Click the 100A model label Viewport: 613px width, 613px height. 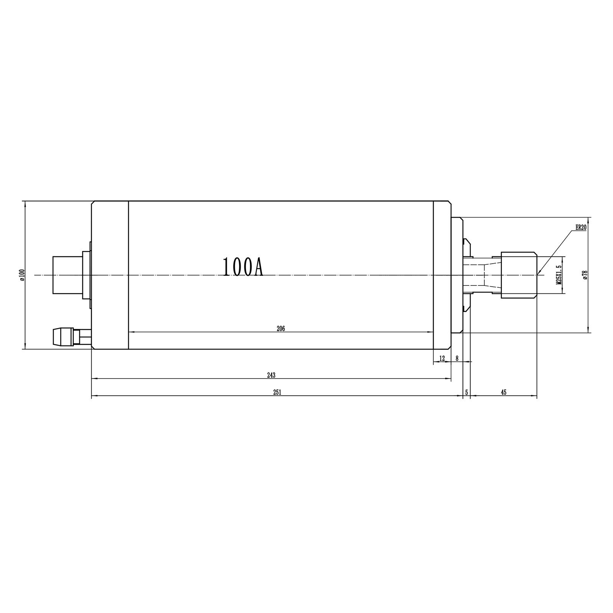click(x=243, y=267)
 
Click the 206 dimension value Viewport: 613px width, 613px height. click(x=281, y=329)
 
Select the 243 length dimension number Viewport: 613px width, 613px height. click(x=271, y=375)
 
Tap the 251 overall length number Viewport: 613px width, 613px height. click(x=277, y=392)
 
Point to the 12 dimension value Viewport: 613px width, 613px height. click(x=442, y=359)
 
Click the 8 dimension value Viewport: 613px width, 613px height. click(x=457, y=359)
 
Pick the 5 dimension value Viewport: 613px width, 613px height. click(x=466, y=392)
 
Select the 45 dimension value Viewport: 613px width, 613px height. click(x=503, y=392)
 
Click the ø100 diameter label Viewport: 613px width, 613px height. click(x=22, y=275)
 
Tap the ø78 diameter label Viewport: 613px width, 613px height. click(x=585, y=275)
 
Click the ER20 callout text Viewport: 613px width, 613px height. click(x=581, y=227)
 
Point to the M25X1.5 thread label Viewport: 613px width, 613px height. click(x=559, y=275)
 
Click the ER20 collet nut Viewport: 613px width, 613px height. click(x=518, y=275)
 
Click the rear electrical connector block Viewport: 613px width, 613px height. click(x=67, y=275)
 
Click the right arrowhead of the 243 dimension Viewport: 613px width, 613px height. click(x=449, y=379)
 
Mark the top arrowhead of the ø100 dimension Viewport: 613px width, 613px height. click(x=25, y=203)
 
